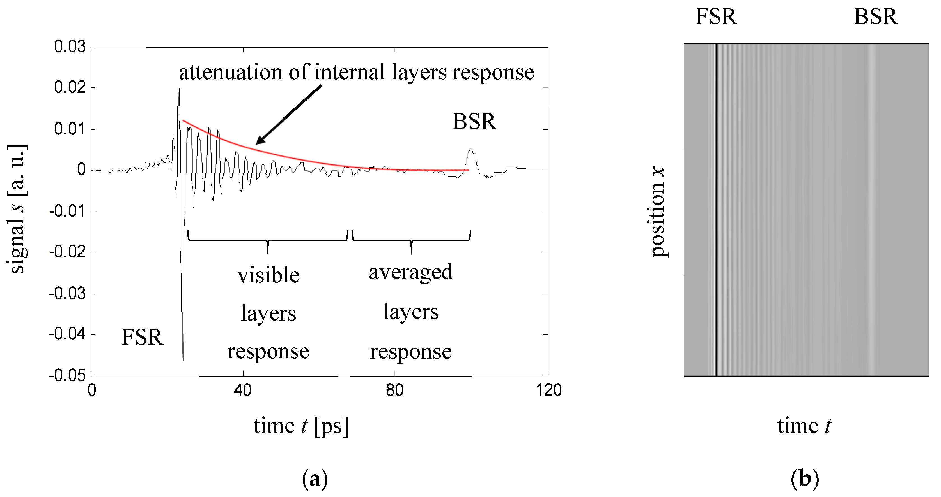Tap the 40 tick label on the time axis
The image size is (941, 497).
(x=243, y=391)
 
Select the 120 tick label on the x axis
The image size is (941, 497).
(x=548, y=391)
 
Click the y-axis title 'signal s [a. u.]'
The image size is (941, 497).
(x=17, y=209)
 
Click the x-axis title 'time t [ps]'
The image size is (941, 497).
(x=301, y=426)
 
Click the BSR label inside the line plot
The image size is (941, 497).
(x=474, y=122)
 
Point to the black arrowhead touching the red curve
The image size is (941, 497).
(x=260, y=140)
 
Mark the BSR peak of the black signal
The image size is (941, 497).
(x=471, y=149)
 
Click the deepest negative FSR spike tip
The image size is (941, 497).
(x=183, y=361)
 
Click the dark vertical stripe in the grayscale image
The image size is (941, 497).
(x=716, y=210)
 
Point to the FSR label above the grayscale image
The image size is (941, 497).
(x=716, y=17)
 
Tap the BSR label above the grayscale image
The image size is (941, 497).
(x=875, y=17)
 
